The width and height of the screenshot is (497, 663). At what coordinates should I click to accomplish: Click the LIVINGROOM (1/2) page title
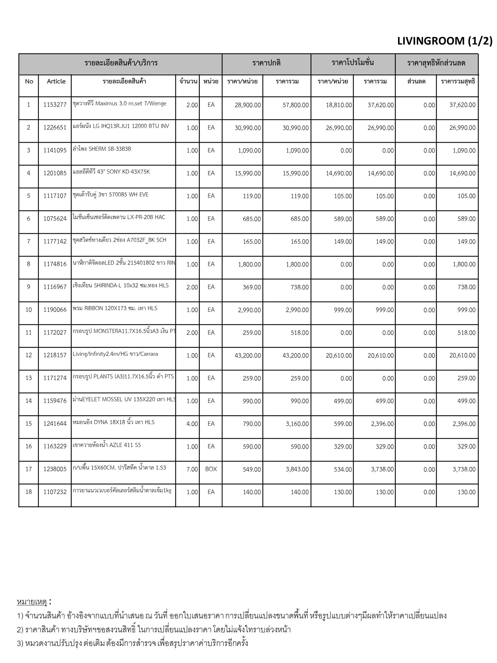click(445, 41)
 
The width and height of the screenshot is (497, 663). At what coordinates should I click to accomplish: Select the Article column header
click(56, 82)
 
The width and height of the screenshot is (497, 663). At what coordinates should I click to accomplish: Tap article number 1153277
click(55, 105)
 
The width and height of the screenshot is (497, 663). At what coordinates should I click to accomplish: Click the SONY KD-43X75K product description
click(111, 172)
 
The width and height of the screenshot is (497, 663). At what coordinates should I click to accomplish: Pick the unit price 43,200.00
click(248, 355)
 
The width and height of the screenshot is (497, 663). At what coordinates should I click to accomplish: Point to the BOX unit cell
click(211, 469)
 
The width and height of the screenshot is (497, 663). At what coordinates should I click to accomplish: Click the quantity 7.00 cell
click(192, 469)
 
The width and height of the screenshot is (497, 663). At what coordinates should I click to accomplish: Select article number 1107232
click(55, 492)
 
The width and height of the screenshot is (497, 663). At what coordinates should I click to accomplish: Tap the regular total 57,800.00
click(295, 105)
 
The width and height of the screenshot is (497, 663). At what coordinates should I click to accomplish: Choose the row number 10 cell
click(29, 310)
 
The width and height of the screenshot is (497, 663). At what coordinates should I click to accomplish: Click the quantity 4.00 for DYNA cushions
click(192, 424)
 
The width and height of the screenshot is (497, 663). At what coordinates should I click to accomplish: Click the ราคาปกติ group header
click(266, 63)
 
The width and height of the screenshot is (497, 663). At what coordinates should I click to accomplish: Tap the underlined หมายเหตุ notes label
click(32, 602)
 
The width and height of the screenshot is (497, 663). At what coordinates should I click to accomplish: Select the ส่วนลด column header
click(416, 82)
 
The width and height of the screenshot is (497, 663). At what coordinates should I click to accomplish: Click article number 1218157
click(55, 355)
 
